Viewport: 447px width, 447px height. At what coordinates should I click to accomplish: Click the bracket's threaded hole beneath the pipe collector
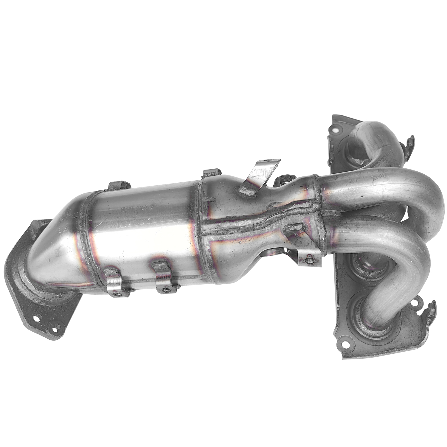(x=310, y=260)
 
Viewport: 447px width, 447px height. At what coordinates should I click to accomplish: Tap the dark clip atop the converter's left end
(x=119, y=185)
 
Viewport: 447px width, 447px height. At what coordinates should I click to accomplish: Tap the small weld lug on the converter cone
(x=294, y=229)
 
